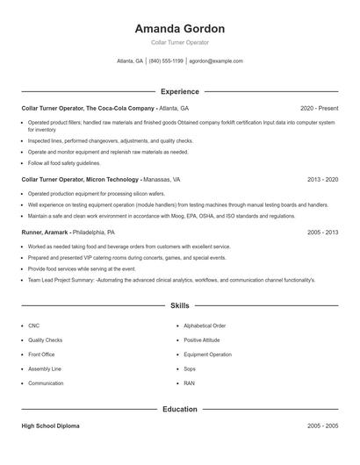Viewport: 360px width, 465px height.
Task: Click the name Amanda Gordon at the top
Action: coord(179,29)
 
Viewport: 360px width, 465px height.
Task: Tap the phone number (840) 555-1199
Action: coord(166,61)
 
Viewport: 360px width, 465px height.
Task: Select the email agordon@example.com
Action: coord(216,61)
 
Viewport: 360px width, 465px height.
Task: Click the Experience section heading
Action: coord(179,91)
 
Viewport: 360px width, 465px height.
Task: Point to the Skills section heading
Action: coord(179,306)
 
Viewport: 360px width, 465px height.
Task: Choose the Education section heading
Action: coord(179,409)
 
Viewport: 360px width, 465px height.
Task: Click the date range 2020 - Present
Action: coord(319,108)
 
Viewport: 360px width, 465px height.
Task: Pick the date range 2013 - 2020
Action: coord(322,179)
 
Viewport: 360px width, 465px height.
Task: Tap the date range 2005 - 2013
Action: coord(322,232)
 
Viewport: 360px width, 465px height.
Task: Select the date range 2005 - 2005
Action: coord(322,426)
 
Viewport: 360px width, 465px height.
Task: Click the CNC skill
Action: coord(33,325)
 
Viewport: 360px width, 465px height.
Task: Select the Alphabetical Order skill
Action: coord(205,325)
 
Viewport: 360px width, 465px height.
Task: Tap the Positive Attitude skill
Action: coord(202,340)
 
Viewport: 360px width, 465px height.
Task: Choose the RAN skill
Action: coord(190,383)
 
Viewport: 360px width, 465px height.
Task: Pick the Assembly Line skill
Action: coord(45,368)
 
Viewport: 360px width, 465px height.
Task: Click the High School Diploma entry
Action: coord(50,426)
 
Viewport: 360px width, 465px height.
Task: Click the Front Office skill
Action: coord(42,354)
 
